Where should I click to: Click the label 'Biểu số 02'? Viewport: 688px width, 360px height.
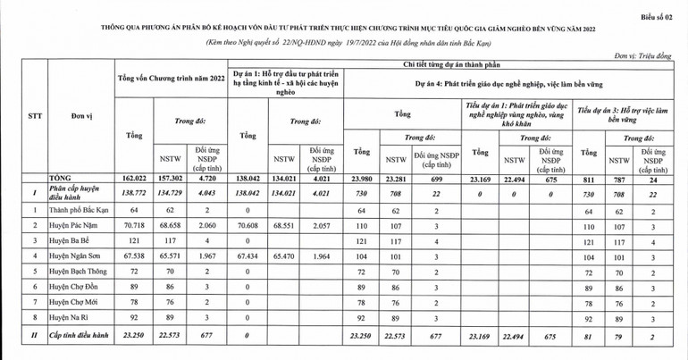pyautogui.click(x=658, y=15)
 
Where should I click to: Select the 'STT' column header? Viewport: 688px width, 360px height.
pyautogui.click(x=35, y=116)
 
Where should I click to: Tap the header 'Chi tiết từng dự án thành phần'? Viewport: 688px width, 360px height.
pyautogui.click(x=455, y=65)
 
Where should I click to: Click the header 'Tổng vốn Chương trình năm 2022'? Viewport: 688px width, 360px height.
pyautogui.click(x=172, y=80)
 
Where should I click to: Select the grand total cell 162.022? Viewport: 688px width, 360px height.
pyautogui.click(x=135, y=179)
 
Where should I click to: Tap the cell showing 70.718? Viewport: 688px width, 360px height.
pyautogui.click(x=135, y=226)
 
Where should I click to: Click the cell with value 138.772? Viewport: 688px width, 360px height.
pyautogui.click(x=135, y=192)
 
